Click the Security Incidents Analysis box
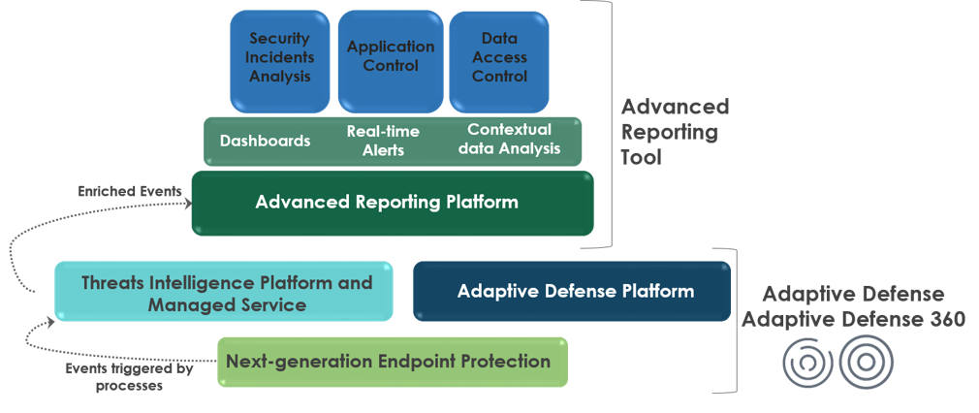(x=280, y=61)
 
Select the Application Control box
(x=391, y=61)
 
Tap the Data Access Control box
(x=499, y=61)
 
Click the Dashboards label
(x=266, y=141)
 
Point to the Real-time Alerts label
(x=383, y=141)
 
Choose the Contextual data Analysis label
(x=510, y=139)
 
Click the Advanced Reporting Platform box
(x=393, y=203)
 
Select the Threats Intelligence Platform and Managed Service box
(x=224, y=292)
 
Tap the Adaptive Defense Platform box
(x=572, y=291)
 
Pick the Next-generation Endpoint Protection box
(x=393, y=362)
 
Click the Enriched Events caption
(x=129, y=191)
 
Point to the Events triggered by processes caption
(x=129, y=377)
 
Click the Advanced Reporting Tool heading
(x=675, y=131)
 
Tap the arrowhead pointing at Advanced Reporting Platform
(x=188, y=204)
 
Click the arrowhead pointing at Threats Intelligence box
(x=50, y=322)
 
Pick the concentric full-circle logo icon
(x=866, y=362)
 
